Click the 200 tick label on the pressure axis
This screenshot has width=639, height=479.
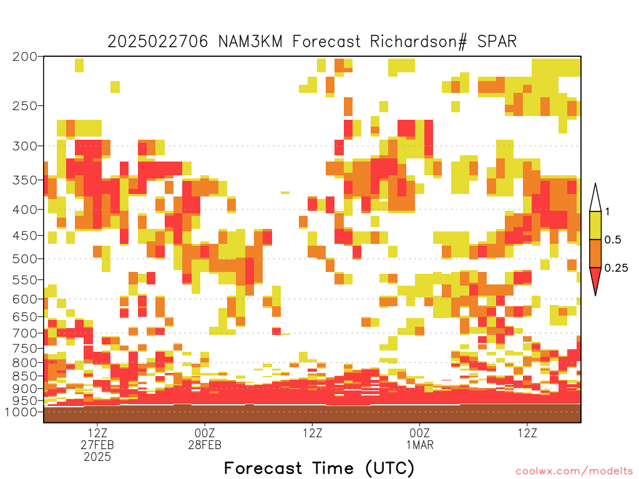coord(25,57)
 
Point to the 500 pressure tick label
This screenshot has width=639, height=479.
coord(25,259)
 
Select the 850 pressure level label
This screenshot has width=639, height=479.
coord(25,376)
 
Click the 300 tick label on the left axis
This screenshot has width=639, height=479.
coord(25,146)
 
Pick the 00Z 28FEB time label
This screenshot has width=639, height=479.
coord(205,438)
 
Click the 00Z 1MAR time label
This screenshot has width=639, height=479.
coord(420,438)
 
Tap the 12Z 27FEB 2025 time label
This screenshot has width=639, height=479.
coord(97,445)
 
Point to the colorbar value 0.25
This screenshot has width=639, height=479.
coord(616,268)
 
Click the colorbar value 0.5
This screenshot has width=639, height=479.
coord(613,240)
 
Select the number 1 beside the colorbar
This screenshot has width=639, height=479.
coord(607,212)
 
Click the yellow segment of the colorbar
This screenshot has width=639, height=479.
coord(595,225)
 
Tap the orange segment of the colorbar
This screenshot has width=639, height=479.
coord(595,253)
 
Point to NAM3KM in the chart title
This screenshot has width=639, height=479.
coord(250,42)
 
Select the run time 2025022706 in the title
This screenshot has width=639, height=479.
coord(158,42)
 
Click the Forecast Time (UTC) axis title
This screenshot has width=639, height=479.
coord(319,468)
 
